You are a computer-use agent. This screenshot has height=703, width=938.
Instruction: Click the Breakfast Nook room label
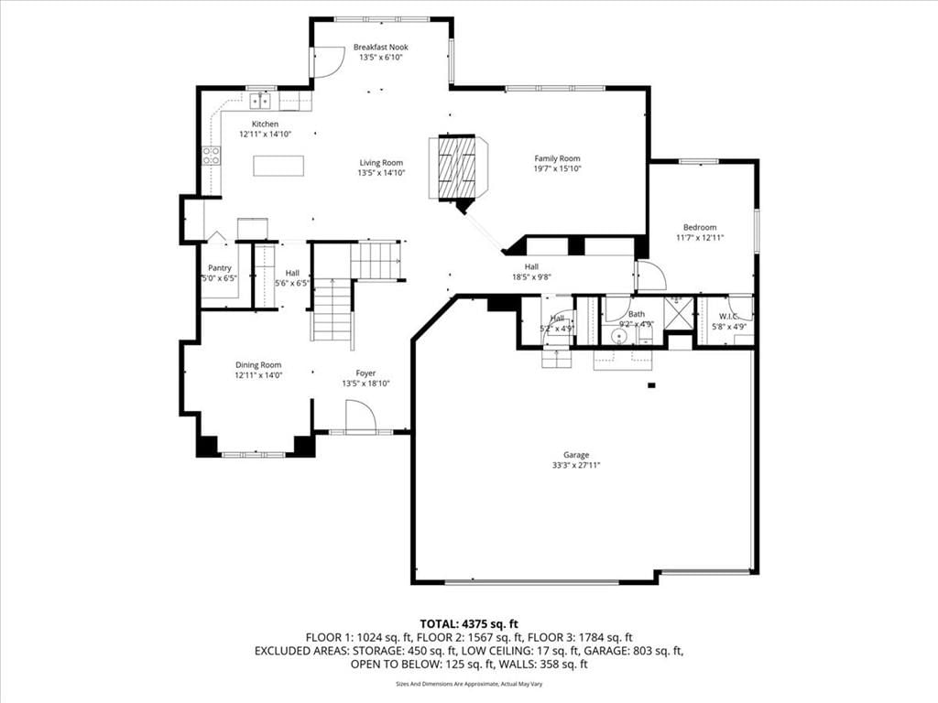[x=380, y=48]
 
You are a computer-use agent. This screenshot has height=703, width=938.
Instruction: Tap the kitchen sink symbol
[x=260, y=101]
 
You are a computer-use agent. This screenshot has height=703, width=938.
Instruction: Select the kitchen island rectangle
[x=278, y=166]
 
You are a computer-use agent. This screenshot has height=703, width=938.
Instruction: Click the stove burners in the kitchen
[x=212, y=156]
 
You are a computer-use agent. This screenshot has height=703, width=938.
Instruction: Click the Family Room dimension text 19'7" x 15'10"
[x=558, y=168]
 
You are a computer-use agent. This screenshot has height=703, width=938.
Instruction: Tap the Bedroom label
[x=700, y=227]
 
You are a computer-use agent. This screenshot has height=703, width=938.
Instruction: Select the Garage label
[x=576, y=455]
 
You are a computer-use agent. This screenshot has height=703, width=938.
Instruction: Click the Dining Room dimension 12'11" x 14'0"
[x=258, y=375]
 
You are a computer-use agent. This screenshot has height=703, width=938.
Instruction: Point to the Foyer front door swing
[x=361, y=416]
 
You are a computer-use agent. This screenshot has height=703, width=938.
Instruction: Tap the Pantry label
[x=220, y=268]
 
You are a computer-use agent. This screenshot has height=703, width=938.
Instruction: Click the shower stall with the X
[x=679, y=313]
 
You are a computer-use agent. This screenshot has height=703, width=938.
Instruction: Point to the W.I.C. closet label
[x=727, y=316]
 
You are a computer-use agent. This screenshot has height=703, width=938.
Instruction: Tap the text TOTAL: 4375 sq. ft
[x=469, y=624]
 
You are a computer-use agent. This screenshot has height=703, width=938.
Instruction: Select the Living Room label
[x=381, y=163]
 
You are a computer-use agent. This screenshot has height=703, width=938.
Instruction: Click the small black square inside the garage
[x=652, y=385]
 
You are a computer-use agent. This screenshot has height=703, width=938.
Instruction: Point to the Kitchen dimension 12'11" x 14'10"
[x=265, y=135]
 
